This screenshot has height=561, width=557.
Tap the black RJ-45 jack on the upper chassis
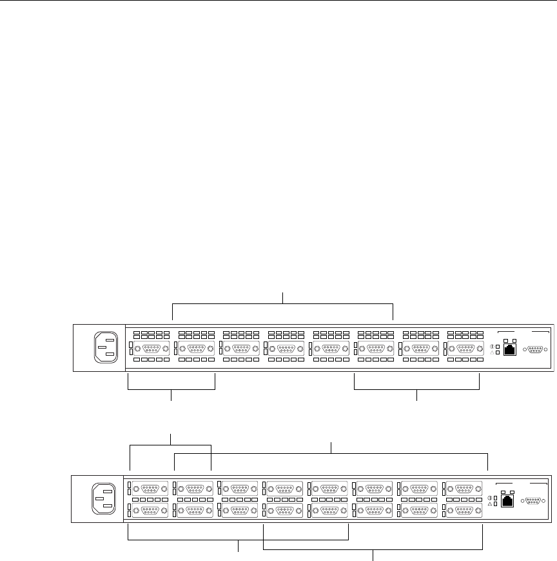point(509,349)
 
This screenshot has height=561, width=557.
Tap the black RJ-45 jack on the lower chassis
point(507,500)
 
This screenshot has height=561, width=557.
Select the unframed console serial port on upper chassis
point(535,349)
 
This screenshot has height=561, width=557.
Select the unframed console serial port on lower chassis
point(533,500)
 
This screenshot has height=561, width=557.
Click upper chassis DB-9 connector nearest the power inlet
point(151,349)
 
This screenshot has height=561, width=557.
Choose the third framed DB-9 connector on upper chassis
point(241,349)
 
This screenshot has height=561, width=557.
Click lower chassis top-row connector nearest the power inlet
point(150,489)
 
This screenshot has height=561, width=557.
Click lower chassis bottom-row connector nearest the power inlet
point(150,511)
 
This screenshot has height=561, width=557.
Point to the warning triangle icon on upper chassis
point(492,353)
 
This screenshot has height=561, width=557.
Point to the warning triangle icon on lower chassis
point(490,504)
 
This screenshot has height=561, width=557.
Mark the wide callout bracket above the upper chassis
point(283,303)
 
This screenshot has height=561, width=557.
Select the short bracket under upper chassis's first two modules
point(171,389)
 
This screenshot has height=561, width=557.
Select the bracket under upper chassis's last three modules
point(418,389)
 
